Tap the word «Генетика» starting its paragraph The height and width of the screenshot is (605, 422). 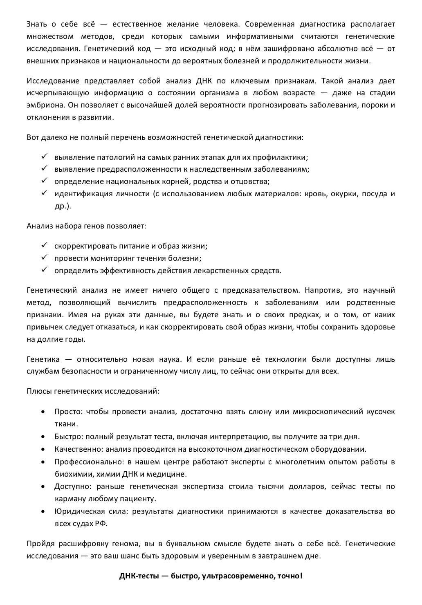(x=43, y=359)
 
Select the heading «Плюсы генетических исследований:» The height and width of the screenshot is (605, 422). (x=93, y=391)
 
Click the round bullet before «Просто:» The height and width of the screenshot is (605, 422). (x=43, y=412)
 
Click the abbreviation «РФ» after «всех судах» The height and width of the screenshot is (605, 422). (x=101, y=524)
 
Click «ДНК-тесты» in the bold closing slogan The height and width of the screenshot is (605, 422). (x=139, y=576)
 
